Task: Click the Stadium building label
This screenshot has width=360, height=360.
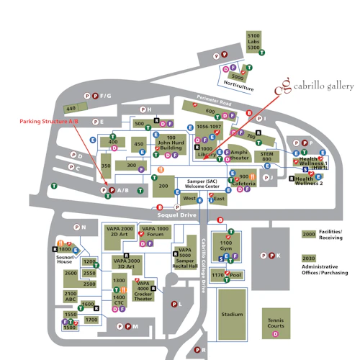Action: [x=231, y=314]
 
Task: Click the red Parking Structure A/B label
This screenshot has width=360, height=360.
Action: [x=48, y=122]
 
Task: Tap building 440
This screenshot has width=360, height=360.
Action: [x=71, y=109]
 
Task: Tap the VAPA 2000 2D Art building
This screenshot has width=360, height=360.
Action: [x=119, y=233]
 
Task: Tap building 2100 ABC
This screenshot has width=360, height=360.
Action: [x=71, y=296]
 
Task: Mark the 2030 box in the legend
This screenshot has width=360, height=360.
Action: [x=309, y=258]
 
